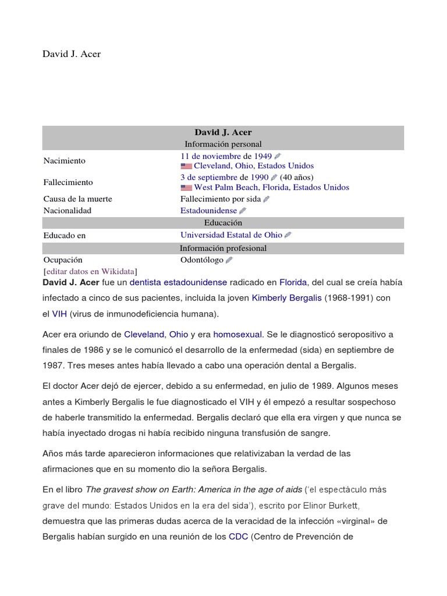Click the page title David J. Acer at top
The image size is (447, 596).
tap(72, 54)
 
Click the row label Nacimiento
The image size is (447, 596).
tap(64, 161)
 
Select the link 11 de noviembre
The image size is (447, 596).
tap(210, 156)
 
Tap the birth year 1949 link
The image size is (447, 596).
tap(262, 156)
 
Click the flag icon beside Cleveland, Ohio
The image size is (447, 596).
tap(186, 166)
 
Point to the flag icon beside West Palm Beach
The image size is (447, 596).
tap(186, 188)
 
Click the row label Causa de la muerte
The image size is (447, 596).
tap(77, 199)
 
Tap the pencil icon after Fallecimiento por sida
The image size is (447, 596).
tap(267, 199)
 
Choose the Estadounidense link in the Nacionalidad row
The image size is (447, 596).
tap(208, 210)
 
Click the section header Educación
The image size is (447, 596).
tap(223, 223)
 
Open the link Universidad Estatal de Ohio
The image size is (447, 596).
tap(231, 235)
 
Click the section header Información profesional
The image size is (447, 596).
tap(223, 248)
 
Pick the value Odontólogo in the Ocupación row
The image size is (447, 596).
tap(201, 260)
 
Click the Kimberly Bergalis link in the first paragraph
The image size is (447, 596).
tap(286, 298)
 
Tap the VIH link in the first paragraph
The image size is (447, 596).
tap(59, 314)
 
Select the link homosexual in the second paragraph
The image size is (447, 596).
tap(238, 334)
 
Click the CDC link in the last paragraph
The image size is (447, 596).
tap(239, 536)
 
